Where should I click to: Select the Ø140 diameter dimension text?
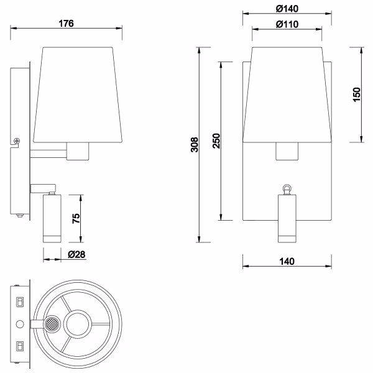point(286,8)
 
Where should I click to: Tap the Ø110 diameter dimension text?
point(286,24)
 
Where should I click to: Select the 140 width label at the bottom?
point(286,261)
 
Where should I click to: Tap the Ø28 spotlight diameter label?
point(76,255)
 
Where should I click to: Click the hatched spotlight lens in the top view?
point(52,324)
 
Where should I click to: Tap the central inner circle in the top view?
point(80,324)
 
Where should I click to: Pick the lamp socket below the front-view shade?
point(287,150)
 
